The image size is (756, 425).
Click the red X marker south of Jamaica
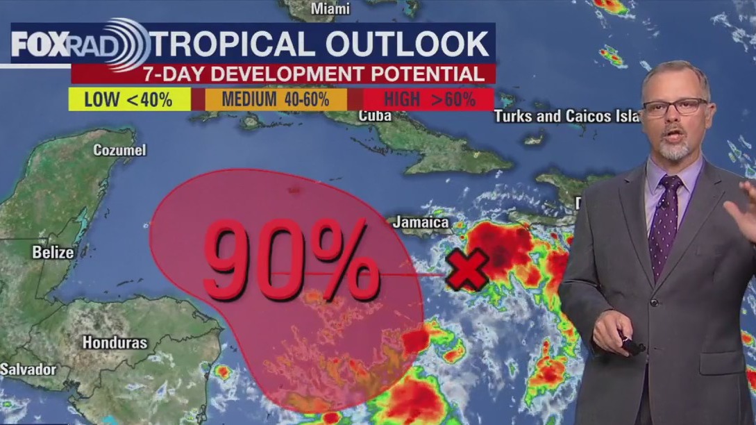pyautogui.click(x=467, y=271)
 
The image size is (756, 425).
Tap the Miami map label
pyautogui.click(x=330, y=9)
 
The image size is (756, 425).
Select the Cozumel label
pyautogui.click(x=119, y=150)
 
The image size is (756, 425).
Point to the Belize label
pyautogui.click(x=53, y=252)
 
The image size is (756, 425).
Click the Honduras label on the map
pyautogui.click(x=115, y=342)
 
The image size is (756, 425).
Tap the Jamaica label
pyautogui.click(x=420, y=223)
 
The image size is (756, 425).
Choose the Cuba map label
pyautogui.click(x=375, y=115)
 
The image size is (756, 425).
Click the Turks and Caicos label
pyautogui.click(x=566, y=116)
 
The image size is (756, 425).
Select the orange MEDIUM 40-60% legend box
pyautogui.click(x=275, y=99)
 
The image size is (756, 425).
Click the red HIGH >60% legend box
pyautogui.click(x=428, y=99)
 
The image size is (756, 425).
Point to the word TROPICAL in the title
pyautogui.click(x=233, y=44)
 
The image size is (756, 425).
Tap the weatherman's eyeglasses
pyautogui.click(x=673, y=107)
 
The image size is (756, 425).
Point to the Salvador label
pyautogui.click(x=27, y=369)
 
